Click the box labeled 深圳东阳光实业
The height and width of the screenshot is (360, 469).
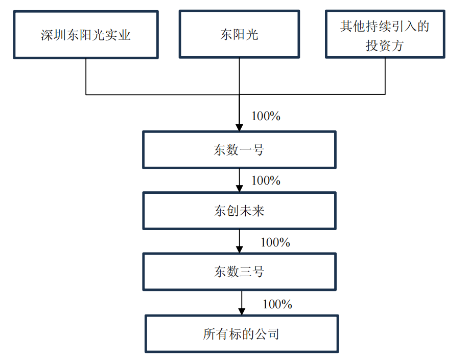86,34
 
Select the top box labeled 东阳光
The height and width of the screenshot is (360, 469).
239,34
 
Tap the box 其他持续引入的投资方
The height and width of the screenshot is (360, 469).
384,34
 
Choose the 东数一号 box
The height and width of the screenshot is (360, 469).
239,150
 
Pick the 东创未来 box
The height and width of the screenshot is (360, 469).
239,211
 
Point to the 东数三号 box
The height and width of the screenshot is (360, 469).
239,272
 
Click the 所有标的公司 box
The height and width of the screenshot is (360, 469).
241,334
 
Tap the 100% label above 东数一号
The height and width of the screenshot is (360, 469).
266,116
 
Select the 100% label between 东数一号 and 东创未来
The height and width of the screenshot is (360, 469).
266,181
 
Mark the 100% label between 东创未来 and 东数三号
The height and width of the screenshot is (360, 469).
275,242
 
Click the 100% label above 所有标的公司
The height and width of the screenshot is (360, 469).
277,304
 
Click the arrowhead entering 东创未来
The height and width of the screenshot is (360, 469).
239,189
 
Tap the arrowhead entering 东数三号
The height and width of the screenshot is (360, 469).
239,250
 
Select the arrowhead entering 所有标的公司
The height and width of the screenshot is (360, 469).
242,311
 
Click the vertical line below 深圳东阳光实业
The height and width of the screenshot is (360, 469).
86,77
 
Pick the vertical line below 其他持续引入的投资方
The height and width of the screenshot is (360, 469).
385,77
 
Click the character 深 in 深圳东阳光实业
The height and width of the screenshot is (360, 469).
46,35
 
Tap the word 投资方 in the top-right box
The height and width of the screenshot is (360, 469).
384,45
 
